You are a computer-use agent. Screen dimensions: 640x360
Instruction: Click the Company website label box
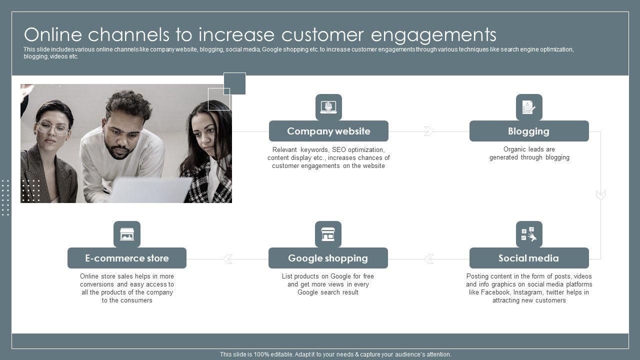pos(328,131)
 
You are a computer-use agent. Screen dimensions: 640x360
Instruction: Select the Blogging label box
pos(528,131)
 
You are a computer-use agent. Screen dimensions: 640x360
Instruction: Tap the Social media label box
pos(528,258)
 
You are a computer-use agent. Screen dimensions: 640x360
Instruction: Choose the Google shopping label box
pos(328,258)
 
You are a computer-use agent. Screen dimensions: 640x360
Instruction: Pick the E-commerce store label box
pos(127,258)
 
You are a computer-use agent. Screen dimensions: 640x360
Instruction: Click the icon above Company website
pos(328,107)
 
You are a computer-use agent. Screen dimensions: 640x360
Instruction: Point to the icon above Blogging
pos(529,107)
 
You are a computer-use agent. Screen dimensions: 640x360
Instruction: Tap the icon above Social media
pos(529,234)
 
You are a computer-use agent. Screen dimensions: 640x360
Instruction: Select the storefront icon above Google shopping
pos(328,234)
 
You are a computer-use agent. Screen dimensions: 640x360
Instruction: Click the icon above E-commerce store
pos(127,234)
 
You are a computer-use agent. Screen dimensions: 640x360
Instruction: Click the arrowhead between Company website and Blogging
pos(428,131)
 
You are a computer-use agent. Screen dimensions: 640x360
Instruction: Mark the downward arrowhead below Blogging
pos(600,195)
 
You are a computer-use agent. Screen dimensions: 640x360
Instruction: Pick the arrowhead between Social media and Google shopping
pos(428,259)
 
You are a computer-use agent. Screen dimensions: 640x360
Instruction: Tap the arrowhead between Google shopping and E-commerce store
pos(228,259)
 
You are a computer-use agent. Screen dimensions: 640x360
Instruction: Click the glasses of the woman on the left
pos(52,128)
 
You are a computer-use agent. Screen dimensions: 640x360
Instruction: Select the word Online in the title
pos(53,35)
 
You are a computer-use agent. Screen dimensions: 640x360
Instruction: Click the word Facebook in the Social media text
pos(495,292)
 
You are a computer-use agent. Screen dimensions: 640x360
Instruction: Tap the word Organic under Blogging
pos(514,149)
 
